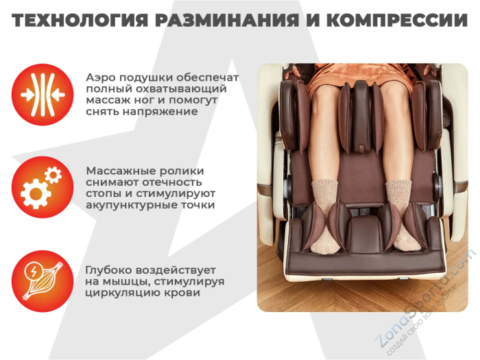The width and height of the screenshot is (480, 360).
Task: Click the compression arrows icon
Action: tap(42, 95)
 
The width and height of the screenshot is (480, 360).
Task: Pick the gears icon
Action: tap(42, 187)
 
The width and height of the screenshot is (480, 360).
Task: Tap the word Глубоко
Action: tap(110, 269)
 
